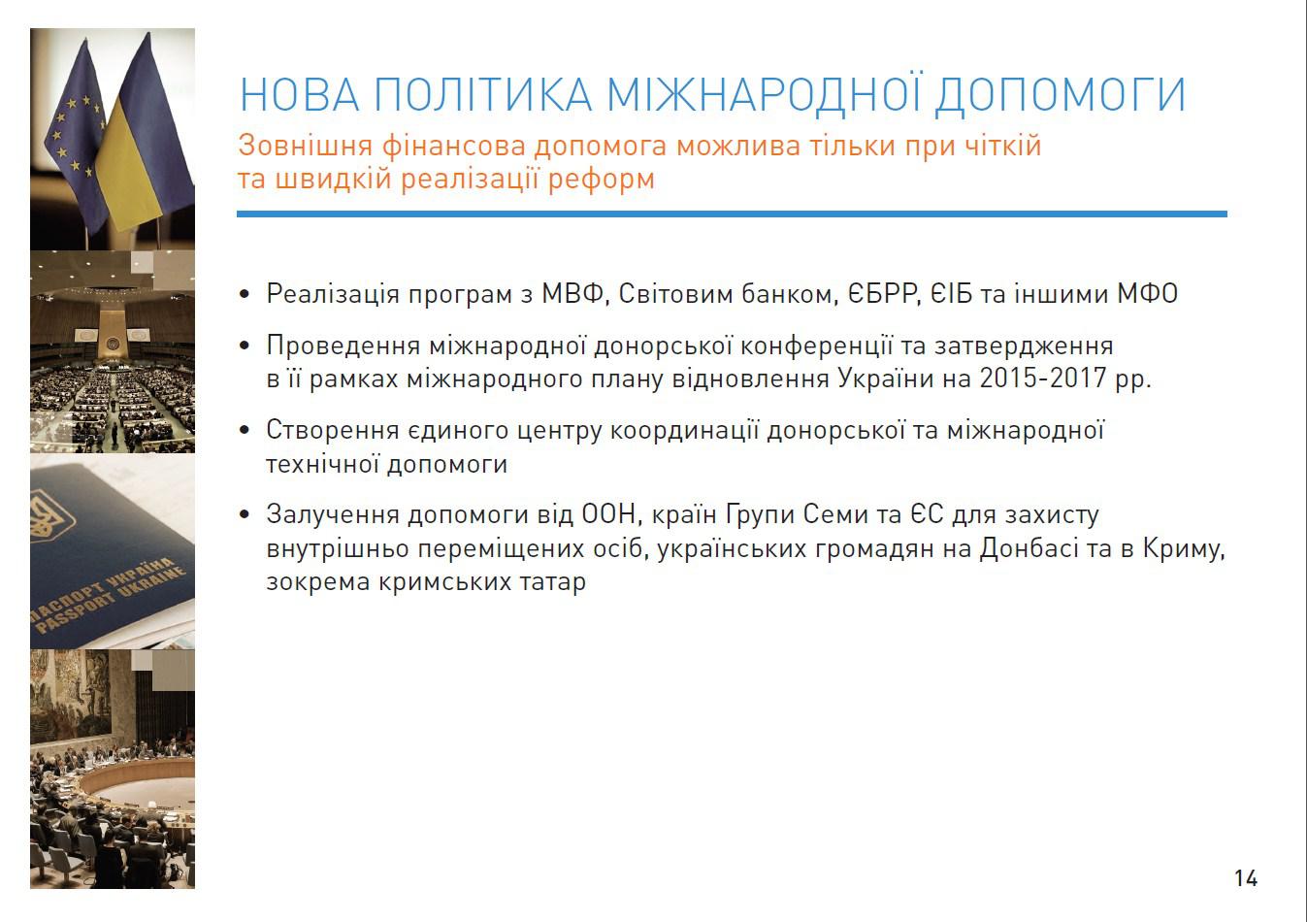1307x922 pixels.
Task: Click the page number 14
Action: pyautogui.click(x=1246, y=878)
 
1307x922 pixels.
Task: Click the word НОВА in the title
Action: pyautogui.click(x=300, y=94)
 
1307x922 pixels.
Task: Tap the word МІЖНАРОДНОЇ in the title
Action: pyautogui.click(x=765, y=92)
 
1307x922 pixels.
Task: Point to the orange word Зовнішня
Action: pyautogui.click(x=306, y=146)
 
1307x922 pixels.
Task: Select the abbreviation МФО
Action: pyautogui.click(x=1147, y=293)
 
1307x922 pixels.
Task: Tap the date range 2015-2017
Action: pyautogui.click(x=1043, y=379)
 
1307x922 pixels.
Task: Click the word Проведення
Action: pyautogui.click(x=343, y=346)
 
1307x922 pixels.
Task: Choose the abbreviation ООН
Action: pyautogui.click(x=608, y=514)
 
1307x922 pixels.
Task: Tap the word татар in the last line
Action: pyautogui.click(x=553, y=581)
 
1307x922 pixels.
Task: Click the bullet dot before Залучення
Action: pyautogui.click(x=245, y=514)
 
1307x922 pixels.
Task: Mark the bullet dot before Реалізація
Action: pyautogui.click(x=245, y=294)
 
